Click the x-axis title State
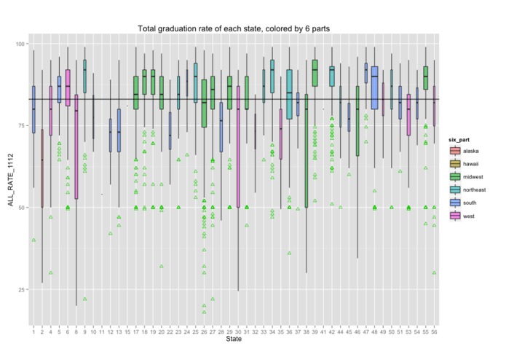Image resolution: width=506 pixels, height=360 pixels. pos(233,339)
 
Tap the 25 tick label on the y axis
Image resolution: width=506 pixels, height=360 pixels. pos(21,289)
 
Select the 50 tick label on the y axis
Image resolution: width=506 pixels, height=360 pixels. pos(21,208)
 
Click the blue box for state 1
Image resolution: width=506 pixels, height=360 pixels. pos(33,109)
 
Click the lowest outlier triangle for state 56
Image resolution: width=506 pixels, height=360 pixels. pos(435,273)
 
